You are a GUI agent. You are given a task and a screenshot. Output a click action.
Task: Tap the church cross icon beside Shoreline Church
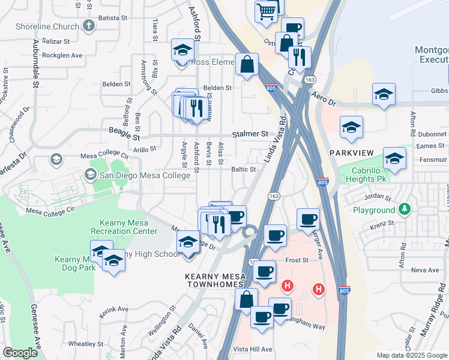click(x=89, y=26)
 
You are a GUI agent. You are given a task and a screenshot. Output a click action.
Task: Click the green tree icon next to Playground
click(x=406, y=209)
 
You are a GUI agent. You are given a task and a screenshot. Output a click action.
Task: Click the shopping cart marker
click(x=266, y=11)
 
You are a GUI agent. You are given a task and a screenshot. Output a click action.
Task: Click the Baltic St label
click(x=244, y=170)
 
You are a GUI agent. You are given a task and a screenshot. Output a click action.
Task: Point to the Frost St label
click(x=297, y=260)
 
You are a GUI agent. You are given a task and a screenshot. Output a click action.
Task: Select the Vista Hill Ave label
click(x=252, y=349)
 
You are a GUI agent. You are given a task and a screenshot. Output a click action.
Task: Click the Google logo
click(x=19, y=352)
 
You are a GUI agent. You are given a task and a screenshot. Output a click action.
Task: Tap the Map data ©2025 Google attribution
click(x=412, y=355)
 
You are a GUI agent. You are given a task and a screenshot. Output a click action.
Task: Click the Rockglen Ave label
click(x=60, y=55)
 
